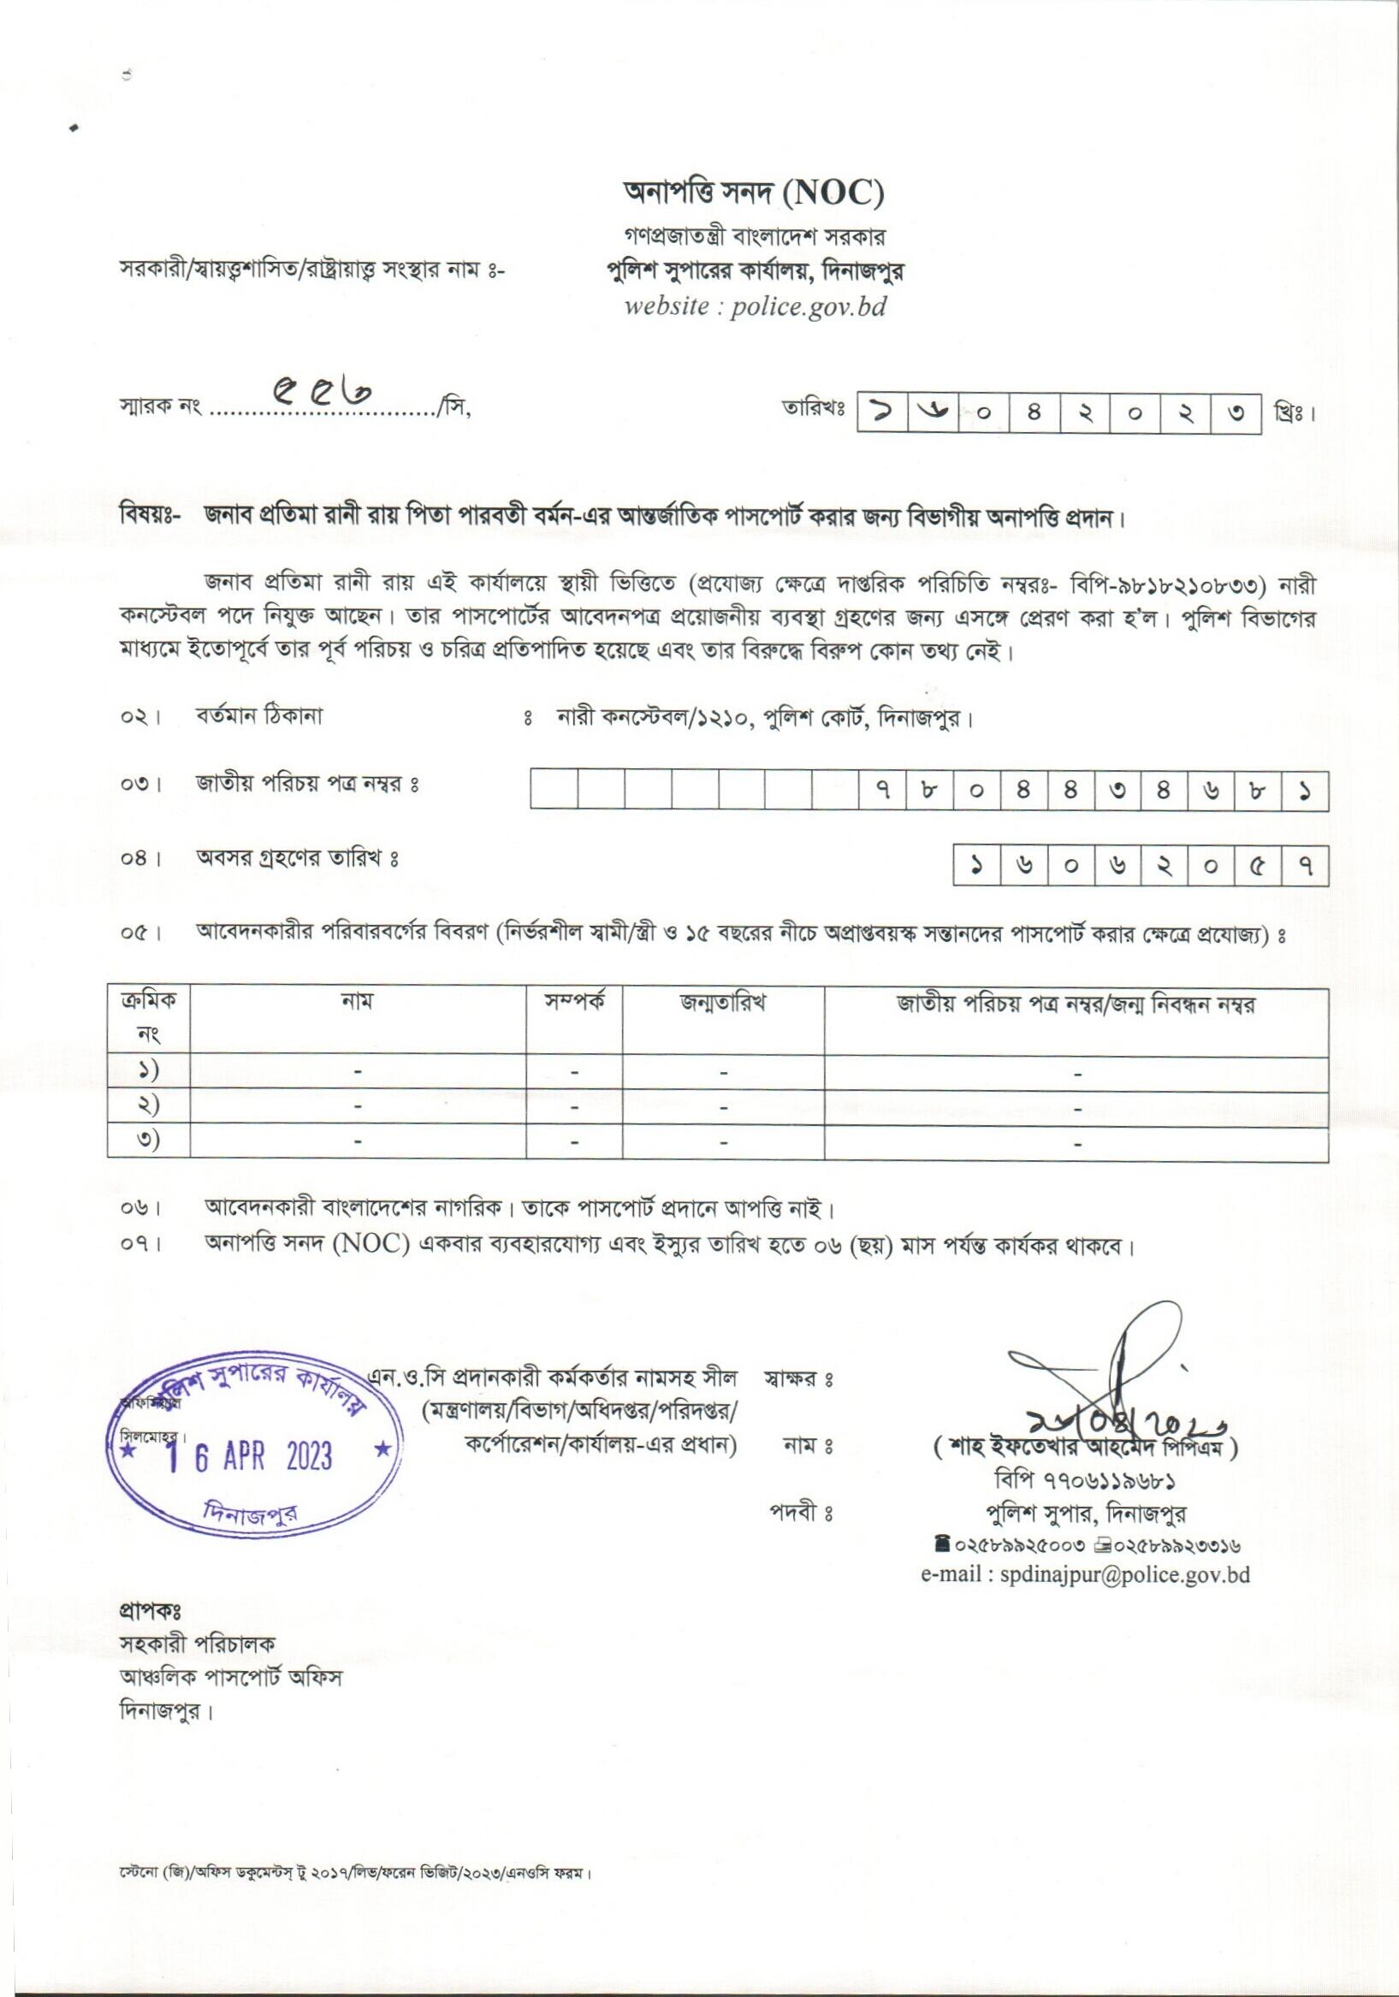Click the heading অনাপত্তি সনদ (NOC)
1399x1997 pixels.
click(x=754, y=193)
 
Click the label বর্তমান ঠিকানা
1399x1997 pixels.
click(x=258, y=719)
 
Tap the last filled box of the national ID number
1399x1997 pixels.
click(x=1304, y=791)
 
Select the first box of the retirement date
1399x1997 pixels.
click(x=977, y=865)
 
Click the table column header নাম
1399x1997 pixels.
click(x=358, y=1002)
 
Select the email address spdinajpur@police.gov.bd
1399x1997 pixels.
click(x=1086, y=1575)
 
